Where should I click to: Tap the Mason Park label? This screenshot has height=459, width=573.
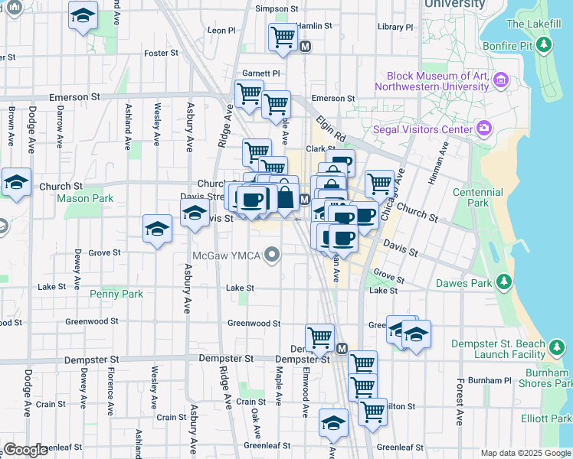(x=85, y=198)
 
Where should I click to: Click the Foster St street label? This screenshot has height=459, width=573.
(x=161, y=53)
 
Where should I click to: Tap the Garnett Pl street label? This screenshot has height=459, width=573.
(x=261, y=73)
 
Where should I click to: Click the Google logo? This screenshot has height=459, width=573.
(x=25, y=450)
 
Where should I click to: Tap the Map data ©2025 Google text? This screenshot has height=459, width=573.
(x=525, y=453)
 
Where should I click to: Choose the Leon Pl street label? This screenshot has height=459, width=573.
(x=221, y=31)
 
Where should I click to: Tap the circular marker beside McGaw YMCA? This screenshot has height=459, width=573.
(x=273, y=256)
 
